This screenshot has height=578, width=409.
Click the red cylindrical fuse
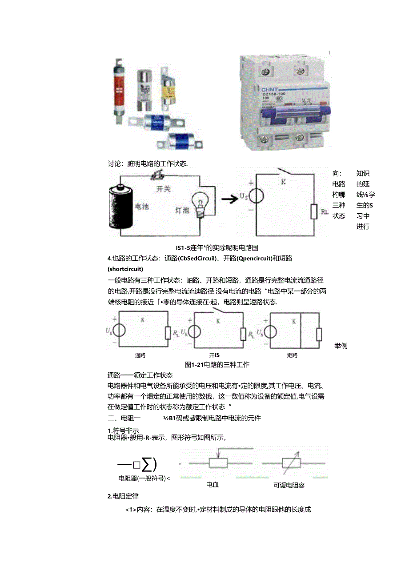click(x=120, y=89)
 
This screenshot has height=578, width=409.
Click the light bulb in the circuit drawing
click(x=200, y=206)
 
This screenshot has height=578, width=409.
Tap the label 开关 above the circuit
click(x=163, y=189)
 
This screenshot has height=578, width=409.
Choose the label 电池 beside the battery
click(x=142, y=207)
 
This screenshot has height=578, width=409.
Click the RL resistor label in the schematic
click(x=325, y=212)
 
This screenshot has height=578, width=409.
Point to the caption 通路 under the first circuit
click(x=140, y=355)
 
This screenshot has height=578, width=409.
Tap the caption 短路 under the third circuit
click(x=292, y=355)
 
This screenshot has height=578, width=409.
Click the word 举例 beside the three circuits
click(x=341, y=346)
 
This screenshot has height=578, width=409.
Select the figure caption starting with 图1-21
click(x=217, y=364)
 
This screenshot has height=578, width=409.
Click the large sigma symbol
click(x=149, y=464)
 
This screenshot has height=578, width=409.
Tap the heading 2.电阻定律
click(x=123, y=496)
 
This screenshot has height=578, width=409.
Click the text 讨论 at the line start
click(x=115, y=163)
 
